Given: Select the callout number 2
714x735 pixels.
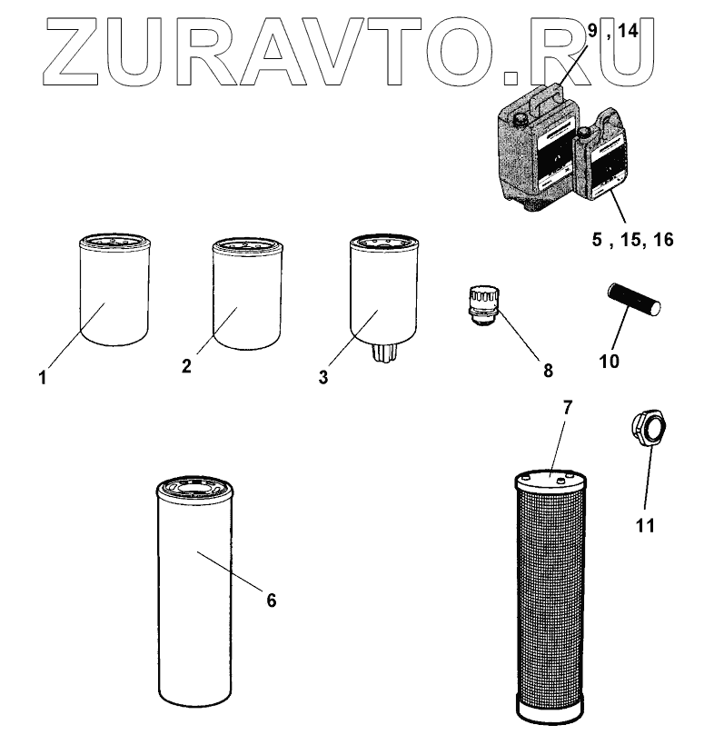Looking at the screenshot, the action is point(186,366).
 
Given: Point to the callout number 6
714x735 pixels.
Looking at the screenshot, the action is point(271,600).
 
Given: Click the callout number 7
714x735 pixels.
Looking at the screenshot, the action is point(567,406).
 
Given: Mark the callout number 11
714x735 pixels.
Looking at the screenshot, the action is point(646,524).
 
